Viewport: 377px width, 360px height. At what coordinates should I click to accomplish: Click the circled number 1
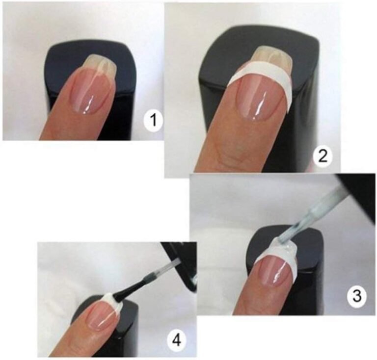[153, 121]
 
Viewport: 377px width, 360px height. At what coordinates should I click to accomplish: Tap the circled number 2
[323, 156]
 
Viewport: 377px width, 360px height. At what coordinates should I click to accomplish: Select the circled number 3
[357, 296]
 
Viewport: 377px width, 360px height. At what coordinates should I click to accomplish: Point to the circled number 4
[177, 340]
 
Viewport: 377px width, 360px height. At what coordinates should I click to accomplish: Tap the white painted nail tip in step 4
[112, 302]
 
